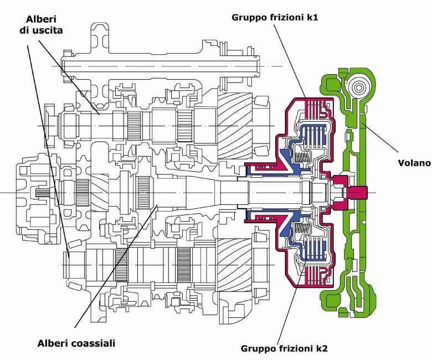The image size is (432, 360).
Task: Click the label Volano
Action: (413, 163)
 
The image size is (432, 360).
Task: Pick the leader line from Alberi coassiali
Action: (116, 266)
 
